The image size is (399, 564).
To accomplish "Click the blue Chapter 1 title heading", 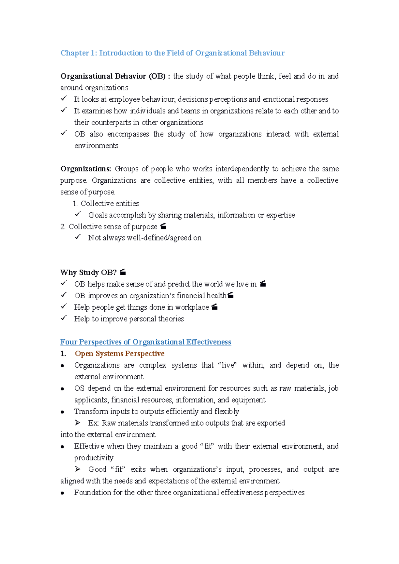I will [x=172, y=53].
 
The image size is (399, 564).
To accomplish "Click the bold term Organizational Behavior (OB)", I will [x=113, y=76].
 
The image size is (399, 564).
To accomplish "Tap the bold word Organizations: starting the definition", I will [x=85, y=169].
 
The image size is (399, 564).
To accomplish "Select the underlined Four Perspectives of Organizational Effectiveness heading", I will [x=146, y=342].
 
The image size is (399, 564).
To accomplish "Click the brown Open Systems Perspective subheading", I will [x=120, y=353].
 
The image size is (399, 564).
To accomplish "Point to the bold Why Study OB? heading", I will [x=88, y=273].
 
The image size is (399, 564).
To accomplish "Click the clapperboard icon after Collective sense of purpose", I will [x=163, y=227].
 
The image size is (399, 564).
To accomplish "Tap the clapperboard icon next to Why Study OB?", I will [x=123, y=272].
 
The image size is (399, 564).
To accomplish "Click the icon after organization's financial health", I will [x=230, y=295].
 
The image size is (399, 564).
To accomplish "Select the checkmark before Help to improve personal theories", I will [x=64, y=318].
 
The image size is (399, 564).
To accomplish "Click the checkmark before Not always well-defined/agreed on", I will [x=78, y=237].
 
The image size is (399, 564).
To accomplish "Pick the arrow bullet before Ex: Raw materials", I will [x=77, y=423].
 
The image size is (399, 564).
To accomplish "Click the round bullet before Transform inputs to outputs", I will [x=63, y=412].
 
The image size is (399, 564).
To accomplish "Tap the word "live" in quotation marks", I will [x=228, y=365].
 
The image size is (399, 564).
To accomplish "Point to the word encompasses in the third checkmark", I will [x=128, y=134].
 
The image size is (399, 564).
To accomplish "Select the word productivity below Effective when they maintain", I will [x=94, y=458].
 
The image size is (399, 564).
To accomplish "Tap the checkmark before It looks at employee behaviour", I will [x=64, y=99].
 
